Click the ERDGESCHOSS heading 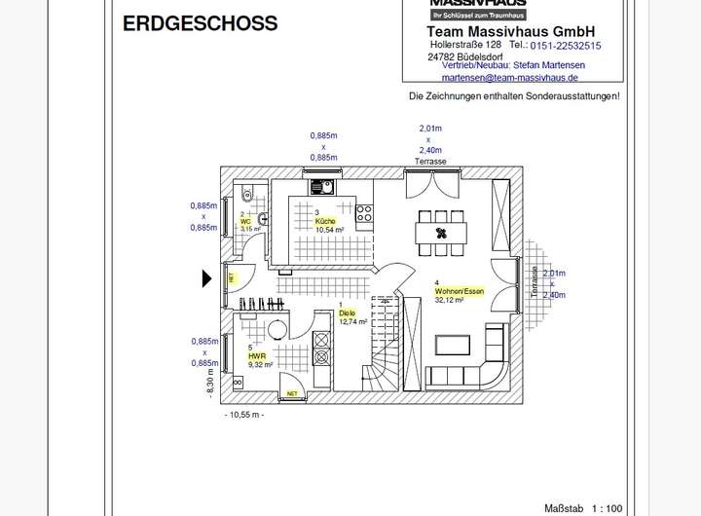pyautogui.click(x=200, y=23)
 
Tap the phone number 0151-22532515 pyautogui.click(x=566, y=45)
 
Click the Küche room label pyautogui.click(x=325, y=221)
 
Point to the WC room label pyautogui.click(x=244, y=221)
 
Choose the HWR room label pyautogui.click(x=257, y=356)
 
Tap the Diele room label pyautogui.click(x=347, y=313)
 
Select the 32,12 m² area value pyautogui.click(x=449, y=301)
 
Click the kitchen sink pyautogui.click(x=322, y=188)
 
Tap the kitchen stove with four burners pyautogui.click(x=365, y=209)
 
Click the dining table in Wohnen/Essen pyautogui.click(x=441, y=233)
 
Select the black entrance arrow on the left pyautogui.click(x=206, y=279)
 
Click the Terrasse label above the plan pyautogui.click(x=429, y=161)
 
